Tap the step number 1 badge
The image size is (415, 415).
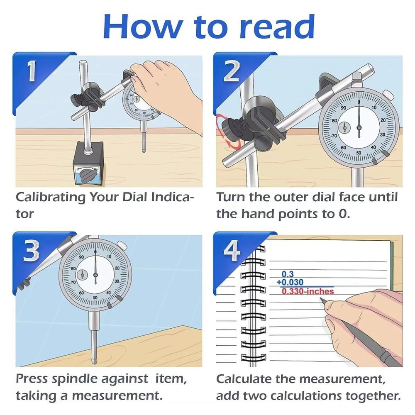(32, 71)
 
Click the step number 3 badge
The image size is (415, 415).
(32, 251)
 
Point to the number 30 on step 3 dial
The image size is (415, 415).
(117, 281)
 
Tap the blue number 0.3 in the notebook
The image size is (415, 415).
(287, 274)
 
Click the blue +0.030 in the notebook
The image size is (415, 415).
(290, 283)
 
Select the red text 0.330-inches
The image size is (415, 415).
(308, 291)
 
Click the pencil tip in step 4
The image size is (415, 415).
(323, 302)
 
